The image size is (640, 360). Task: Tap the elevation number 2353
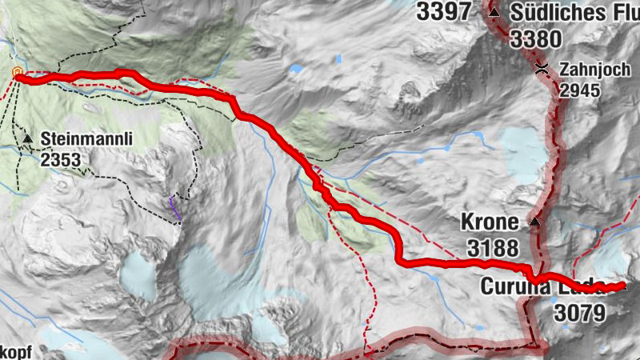(61, 160)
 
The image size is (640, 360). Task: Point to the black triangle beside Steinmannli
(28, 140)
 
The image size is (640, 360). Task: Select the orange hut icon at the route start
(16, 74)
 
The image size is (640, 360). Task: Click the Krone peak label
(488, 222)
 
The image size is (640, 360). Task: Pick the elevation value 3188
(493, 247)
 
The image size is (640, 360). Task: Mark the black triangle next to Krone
(534, 222)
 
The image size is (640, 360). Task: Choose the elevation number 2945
(579, 90)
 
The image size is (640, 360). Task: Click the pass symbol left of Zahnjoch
(542, 70)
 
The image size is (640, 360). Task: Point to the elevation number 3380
(537, 38)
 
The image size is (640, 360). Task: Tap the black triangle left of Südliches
(494, 14)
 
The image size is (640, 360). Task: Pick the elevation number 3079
(578, 312)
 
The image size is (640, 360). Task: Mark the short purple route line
(175, 207)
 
